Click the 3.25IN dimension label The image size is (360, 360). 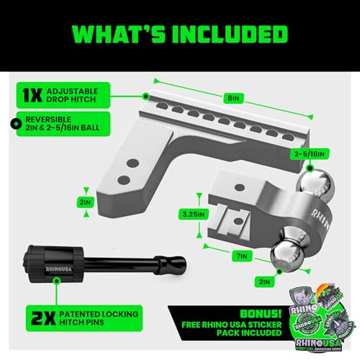[194, 214]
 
